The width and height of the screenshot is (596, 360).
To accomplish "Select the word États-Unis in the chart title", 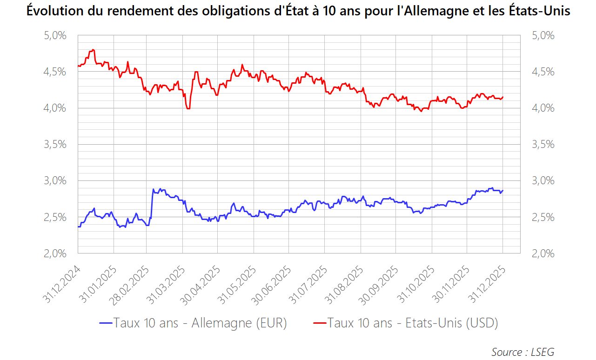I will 540,12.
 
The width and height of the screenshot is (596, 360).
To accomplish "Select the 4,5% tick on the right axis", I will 543,72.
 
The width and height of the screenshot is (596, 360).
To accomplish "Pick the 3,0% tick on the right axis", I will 543,180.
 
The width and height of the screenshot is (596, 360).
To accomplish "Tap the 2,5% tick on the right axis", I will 543,217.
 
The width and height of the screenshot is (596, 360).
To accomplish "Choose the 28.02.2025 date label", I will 130,285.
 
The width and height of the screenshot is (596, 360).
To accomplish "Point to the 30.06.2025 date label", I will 273,285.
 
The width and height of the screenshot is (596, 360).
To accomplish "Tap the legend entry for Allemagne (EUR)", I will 200,323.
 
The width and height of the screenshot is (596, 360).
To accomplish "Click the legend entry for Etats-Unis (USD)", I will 413,323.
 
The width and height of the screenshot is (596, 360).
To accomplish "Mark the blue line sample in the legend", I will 106,323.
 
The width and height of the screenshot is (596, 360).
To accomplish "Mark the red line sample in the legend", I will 319,323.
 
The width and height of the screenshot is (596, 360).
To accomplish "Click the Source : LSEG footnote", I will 522,352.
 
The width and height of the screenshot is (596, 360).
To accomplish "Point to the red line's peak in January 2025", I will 94,50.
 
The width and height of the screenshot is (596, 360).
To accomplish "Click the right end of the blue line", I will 503,190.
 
